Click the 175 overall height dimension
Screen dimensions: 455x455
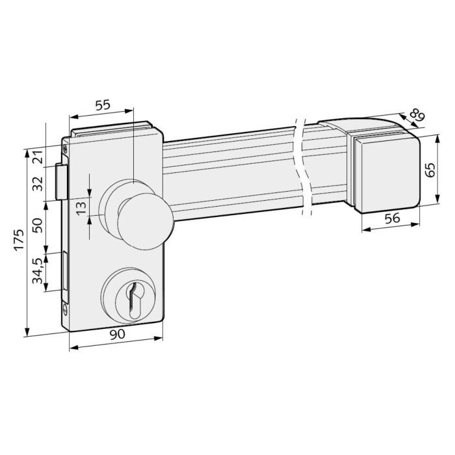tap(19, 240)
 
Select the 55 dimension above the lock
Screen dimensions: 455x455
tap(103, 105)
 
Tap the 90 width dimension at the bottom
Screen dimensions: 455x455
tap(117, 334)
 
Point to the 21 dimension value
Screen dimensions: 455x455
tap(38, 157)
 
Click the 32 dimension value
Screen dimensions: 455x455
tap(38, 183)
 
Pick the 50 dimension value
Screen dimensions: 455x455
tap(38, 225)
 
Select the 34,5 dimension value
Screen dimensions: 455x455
tap(38, 271)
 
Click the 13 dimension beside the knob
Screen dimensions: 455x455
tap(81, 208)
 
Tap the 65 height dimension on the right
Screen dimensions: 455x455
tap(430, 170)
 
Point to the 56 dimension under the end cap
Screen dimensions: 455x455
tap(392, 218)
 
